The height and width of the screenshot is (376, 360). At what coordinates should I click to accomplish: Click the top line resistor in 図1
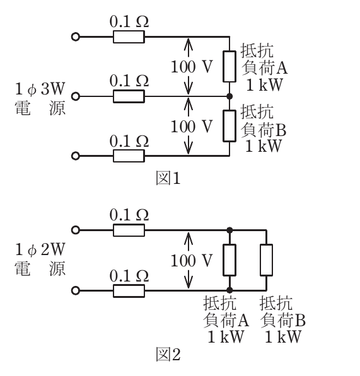coord(129,37)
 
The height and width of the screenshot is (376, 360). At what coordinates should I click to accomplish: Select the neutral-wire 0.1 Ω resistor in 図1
coord(129,96)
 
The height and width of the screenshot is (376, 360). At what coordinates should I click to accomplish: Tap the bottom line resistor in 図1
coord(129,156)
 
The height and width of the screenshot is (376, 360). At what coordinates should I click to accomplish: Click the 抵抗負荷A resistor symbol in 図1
coord(229,66)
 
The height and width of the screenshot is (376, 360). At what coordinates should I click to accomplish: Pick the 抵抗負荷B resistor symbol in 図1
coord(229,126)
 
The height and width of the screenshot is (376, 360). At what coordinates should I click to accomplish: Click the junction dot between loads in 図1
coord(229,96)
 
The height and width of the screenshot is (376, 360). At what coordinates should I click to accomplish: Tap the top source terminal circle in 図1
coord(76,37)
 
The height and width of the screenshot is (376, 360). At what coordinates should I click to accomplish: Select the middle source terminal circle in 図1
coord(76,96)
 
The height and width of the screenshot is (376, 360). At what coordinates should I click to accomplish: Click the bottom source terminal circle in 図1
coord(76,156)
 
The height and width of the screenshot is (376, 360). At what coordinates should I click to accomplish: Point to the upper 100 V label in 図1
coord(192,66)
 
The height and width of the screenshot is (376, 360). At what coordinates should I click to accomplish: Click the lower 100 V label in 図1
coord(192,127)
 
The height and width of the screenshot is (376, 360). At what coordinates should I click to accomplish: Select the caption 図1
coord(168,178)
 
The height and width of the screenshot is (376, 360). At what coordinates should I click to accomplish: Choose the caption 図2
coord(168,354)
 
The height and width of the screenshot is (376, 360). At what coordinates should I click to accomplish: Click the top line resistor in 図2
coord(129,231)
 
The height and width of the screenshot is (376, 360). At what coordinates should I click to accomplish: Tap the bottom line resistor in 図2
coord(129,291)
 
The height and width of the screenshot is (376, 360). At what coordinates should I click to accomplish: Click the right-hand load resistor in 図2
coord(267,260)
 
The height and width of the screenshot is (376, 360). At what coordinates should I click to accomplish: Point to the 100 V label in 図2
coord(192,261)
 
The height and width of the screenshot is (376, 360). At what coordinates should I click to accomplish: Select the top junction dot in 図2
coord(229,231)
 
